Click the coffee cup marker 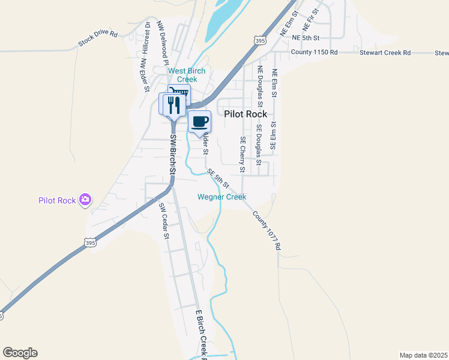[x=200, y=122]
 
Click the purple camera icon [x=85, y=199]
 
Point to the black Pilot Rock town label [x=246, y=114]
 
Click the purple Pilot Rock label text [x=57, y=200]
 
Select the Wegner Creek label [x=222, y=197]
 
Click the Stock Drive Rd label [x=98, y=38]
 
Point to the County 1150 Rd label [x=315, y=52]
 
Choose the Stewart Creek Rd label [x=385, y=53]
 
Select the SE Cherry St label [x=243, y=154]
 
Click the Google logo [x=20, y=353]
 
